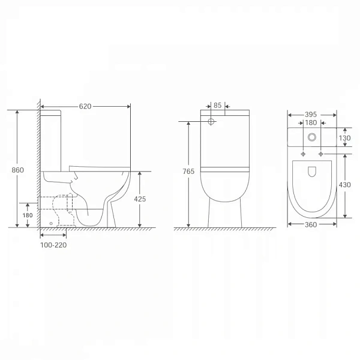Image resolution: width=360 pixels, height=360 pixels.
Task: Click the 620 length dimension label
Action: (85, 106)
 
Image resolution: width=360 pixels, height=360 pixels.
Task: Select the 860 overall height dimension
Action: (17, 170)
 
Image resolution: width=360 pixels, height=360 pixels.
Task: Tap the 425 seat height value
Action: (140, 199)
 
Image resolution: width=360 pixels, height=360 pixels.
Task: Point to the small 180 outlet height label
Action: (28, 215)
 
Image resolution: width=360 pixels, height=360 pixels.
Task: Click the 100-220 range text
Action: (53, 245)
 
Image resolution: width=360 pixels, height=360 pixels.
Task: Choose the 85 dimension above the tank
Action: (217, 105)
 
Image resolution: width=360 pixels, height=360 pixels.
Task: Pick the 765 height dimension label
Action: (188, 171)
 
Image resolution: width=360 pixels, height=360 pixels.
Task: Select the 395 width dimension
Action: (311, 115)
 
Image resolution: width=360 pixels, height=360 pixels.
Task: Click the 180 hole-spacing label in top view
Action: (311, 122)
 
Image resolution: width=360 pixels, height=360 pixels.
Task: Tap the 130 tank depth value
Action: (344, 138)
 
